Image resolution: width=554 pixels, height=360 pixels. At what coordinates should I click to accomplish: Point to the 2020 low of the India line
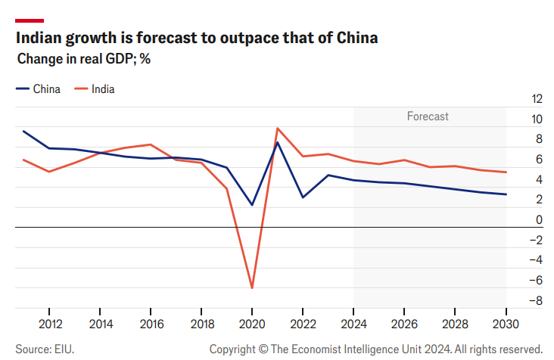252,288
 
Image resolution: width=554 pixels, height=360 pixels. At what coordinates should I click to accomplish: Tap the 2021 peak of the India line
278,129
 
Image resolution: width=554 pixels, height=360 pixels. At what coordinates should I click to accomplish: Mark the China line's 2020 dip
252,205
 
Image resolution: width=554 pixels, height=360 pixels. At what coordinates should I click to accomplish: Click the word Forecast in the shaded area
428,116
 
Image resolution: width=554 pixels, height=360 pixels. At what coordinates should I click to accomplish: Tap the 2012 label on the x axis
49,323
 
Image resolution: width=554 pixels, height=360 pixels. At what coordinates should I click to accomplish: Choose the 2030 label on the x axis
506,323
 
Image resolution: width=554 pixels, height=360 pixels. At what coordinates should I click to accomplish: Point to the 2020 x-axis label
252,323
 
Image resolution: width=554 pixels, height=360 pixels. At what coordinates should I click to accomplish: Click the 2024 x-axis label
353,323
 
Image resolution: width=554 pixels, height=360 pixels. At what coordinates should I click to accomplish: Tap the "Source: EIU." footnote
45,349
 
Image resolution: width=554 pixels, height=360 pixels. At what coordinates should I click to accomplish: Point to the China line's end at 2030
506,194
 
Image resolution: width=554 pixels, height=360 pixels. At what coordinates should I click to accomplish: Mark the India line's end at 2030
506,172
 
